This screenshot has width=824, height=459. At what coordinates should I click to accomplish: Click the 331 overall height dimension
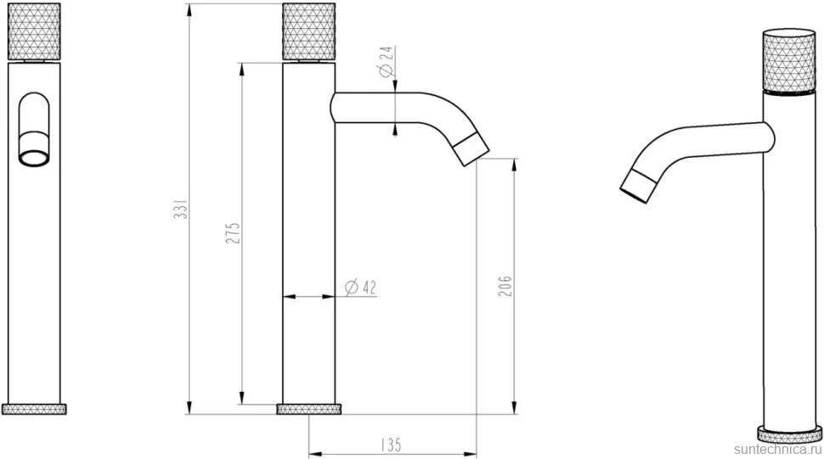tap(180, 210)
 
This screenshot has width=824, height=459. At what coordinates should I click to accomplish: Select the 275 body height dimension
tap(233, 233)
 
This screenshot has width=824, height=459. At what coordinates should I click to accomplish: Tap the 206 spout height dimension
tap(505, 285)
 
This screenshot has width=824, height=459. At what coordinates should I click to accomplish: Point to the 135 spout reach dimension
tap(391, 445)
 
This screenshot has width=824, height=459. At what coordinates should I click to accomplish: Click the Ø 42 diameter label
tap(360, 287)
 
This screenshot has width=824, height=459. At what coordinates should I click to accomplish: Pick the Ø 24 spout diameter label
tap(387, 62)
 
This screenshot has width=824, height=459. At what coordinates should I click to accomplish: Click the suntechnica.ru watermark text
tap(777, 450)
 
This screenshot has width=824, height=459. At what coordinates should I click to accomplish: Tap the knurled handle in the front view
tap(34, 31)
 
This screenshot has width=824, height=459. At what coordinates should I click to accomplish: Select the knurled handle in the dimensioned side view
tap(309, 31)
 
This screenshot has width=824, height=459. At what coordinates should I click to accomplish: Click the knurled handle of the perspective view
tap(789, 62)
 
